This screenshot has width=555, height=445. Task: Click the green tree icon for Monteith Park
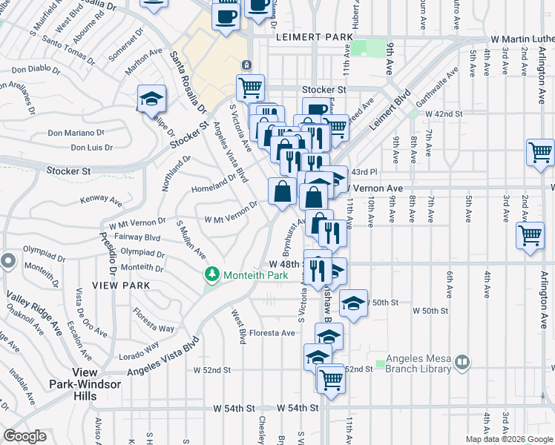pyautogui.click(x=213, y=275)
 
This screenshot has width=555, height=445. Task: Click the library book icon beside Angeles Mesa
pyautogui.click(x=462, y=363)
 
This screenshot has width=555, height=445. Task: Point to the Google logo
pyautogui.click(x=25, y=436)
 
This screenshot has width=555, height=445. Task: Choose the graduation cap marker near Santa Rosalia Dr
pyautogui.click(x=151, y=99)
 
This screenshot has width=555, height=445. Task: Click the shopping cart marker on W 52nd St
pyautogui.click(x=331, y=380)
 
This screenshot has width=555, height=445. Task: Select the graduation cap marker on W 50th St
pyautogui.click(x=354, y=303)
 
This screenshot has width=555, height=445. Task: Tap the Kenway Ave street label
pyautogui.click(x=101, y=200)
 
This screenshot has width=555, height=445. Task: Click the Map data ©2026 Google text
pyautogui.click(x=508, y=439)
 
